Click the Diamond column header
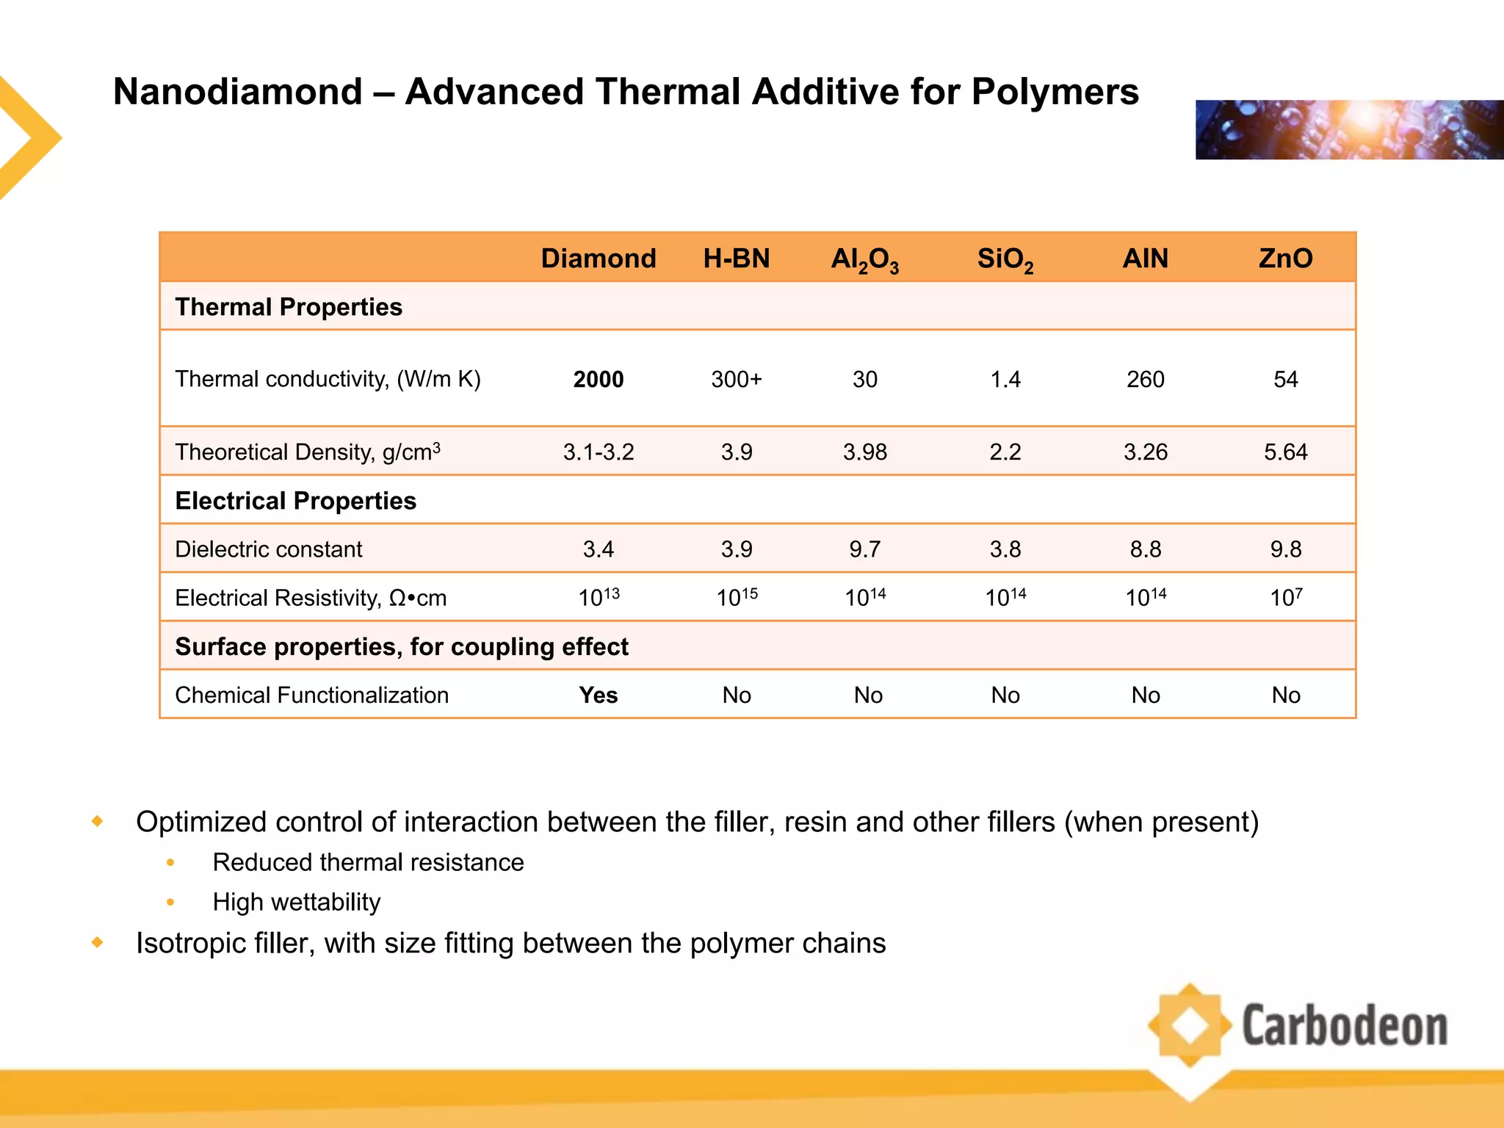pos(598,258)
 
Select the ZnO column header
pos(1285,258)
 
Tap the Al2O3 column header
pos(864,260)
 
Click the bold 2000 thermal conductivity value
pos(598,379)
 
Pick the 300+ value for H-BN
pos(736,379)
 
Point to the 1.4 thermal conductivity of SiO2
pos(1005,379)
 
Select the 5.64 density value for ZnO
pos(1285,452)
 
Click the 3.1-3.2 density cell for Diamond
pos(598,452)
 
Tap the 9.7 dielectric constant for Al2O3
pos(864,549)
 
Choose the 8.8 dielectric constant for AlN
pos(1145,549)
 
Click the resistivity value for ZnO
pos(1285,597)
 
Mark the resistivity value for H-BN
pos(736,597)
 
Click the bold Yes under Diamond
pos(598,695)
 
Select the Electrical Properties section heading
pos(295,501)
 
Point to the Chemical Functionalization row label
pos(311,695)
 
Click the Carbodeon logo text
pos(1344,1026)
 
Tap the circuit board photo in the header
pos(1348,130)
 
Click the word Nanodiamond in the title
pos(238,93)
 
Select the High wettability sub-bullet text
pos(296,902)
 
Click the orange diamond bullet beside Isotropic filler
pos(98,942)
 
